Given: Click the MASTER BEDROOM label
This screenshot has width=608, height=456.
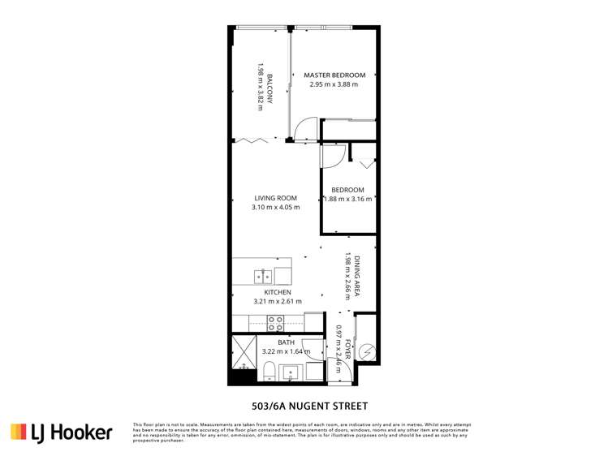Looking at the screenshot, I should coord(334,75).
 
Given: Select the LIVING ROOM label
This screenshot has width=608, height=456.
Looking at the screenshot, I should coord(275,198).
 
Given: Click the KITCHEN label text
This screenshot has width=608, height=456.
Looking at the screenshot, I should coord(277,292).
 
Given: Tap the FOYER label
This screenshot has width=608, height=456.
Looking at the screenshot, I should coord(347,349).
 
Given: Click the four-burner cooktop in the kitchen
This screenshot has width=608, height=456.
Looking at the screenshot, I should coord(275,324).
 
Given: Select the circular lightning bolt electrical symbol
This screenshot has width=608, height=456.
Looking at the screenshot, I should coord(367,351).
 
